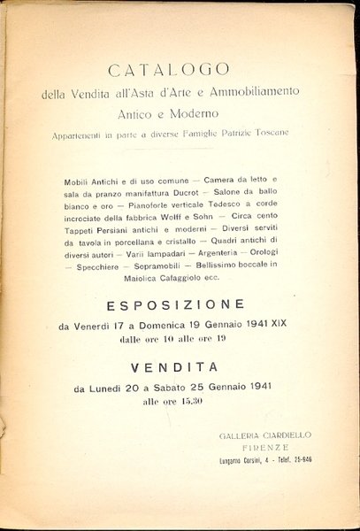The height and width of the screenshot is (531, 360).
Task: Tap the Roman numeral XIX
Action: pyautogui.click(x=273, y=325)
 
